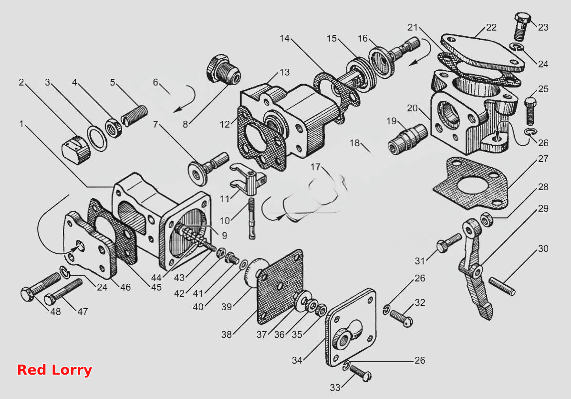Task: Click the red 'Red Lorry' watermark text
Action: [x=55, y=370]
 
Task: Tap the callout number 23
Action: [x=543, y=27]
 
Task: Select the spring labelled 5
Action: [x=135, y=115]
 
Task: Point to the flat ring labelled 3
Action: [x=97, y=138]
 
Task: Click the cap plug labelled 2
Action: [x=76, y=149]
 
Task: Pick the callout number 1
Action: [x=21, y=124]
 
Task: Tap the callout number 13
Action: [x=284, y=72]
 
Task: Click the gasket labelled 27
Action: [x=470, y=183]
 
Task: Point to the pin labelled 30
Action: [x=502, y=286]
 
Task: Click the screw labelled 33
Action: [x=360, y=374]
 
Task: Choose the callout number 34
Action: [x=297, y=360]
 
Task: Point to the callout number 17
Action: [x=315, y=167]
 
